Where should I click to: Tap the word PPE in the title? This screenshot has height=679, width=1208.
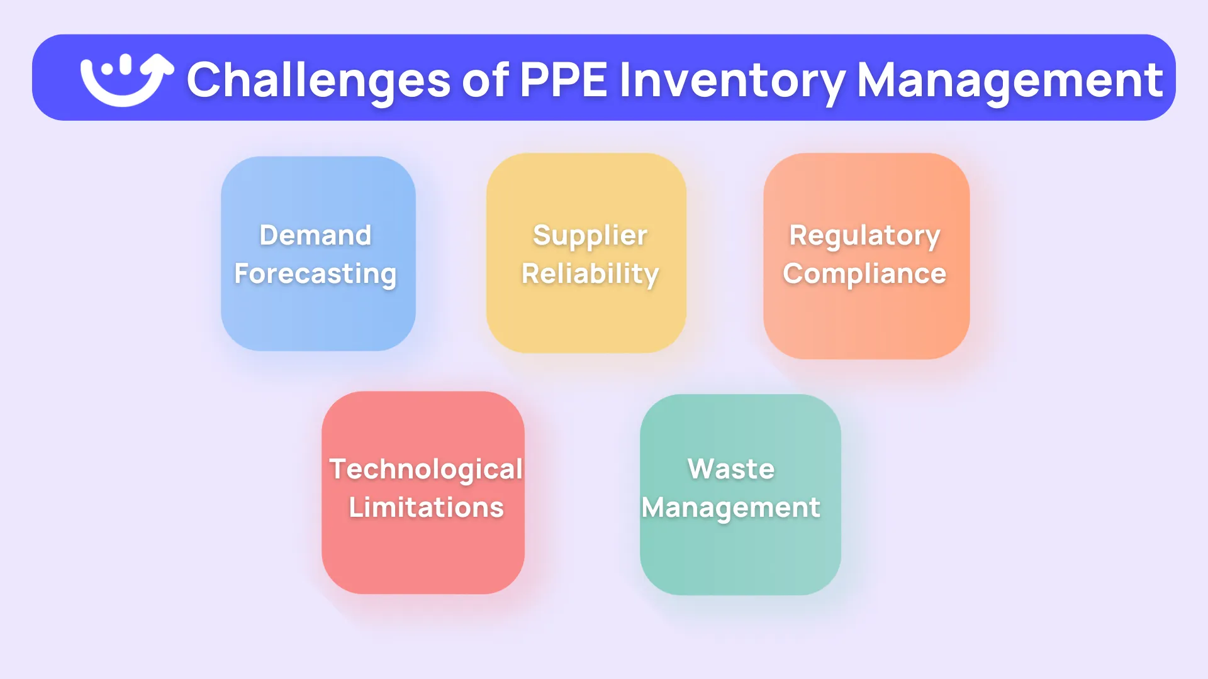click(564, 80)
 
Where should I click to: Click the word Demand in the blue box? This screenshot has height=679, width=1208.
click(315, 235)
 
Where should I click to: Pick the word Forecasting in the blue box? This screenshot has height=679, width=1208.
click(315, 273)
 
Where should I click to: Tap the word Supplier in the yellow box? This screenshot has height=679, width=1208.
click(590, 235)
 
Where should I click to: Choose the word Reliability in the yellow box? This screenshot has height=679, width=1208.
click(590, 273)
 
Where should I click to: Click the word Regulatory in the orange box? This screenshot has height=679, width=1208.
click(864, 235)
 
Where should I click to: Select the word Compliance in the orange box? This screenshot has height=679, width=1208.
click(864, 273)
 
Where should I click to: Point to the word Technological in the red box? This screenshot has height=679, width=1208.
click(426, 469)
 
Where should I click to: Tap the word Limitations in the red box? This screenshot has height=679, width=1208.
click(426, 507)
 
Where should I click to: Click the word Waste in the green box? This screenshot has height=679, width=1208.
click(731, 469)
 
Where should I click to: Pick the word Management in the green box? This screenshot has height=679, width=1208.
click(731, 507)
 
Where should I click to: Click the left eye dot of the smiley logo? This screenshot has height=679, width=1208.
click(108, 67)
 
